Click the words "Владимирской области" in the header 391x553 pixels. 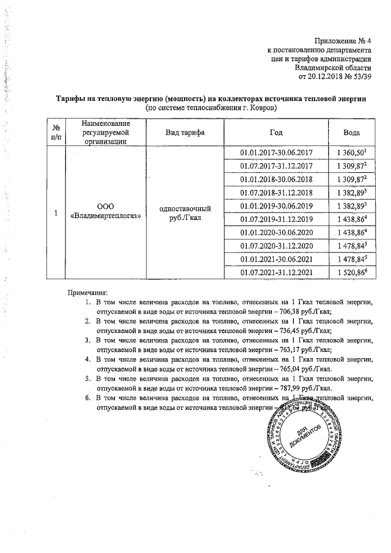(x=333, y=67)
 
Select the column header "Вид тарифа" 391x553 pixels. (x=185, y=133)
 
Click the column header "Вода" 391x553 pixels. (x=351, y=133)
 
